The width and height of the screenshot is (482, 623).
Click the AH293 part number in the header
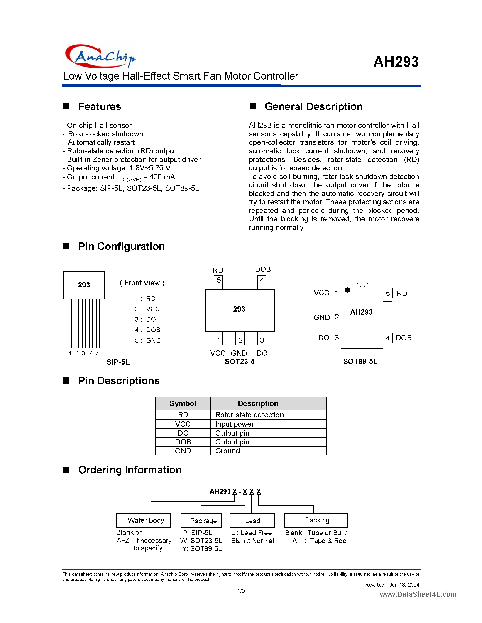[x=396, y=62]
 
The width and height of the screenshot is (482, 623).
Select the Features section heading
[x=99, y=107]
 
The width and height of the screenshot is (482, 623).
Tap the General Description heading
[x=313, y=107]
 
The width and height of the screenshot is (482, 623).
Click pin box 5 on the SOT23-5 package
[x=218, y=280]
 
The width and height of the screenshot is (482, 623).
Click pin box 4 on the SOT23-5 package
[x=262, y=280]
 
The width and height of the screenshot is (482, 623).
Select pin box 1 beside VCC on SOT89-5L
[x=337, y=293]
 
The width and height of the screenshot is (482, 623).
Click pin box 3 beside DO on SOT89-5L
[x=337, y=338]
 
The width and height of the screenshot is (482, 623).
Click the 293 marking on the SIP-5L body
[x=84, y=285]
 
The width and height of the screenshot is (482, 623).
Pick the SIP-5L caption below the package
[x=118, y=362]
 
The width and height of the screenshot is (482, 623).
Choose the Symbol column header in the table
[x=183, y=403]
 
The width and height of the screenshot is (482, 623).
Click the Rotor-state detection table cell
[x=249, y=415]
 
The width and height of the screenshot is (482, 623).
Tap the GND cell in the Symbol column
[x=183, y=451]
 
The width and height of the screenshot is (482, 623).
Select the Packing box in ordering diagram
[x=316, y=520]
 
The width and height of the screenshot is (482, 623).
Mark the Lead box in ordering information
[x=252, y=521]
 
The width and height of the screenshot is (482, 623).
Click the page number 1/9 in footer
[x=241, y=591]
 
